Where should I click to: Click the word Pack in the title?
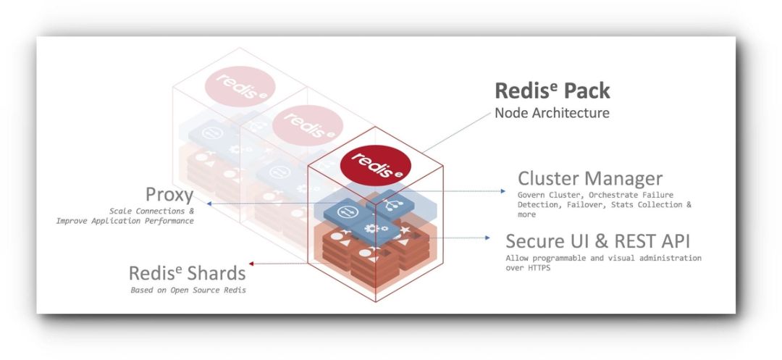(583, 91)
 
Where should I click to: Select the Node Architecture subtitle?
(552, 113)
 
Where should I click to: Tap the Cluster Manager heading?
(590, 178)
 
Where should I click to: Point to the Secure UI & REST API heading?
(598, 240)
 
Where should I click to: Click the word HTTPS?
(537, 268)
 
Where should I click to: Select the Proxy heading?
(169, 194)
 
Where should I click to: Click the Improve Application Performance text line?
(125, 221)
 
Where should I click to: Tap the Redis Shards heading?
(187, 274)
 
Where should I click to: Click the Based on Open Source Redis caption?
(188, 290)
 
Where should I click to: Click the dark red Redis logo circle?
(376, 165)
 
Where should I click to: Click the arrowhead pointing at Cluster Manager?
(504, 191)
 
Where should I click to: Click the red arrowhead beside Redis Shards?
(250, 264)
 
